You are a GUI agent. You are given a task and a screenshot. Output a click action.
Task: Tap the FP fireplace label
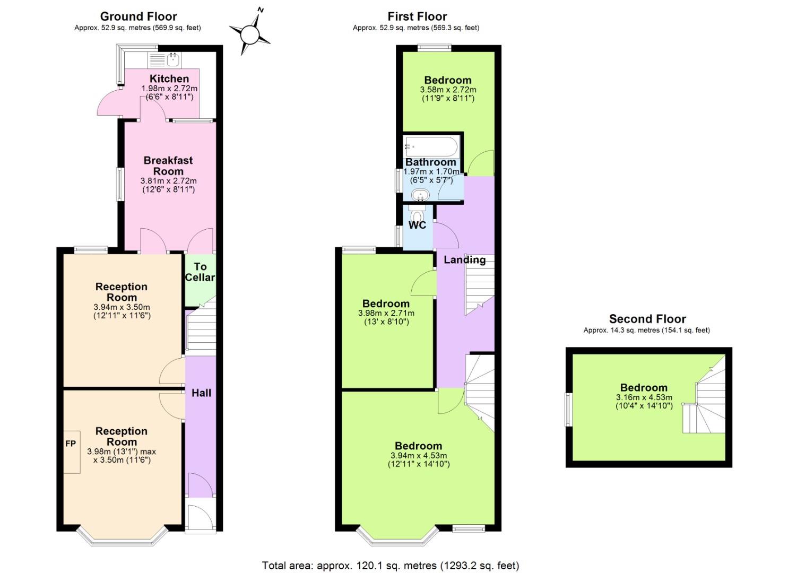[x=71, y=444]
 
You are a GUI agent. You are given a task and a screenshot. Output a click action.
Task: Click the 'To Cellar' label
[x=200, y=272]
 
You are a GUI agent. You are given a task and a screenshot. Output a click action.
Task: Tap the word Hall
[x=201, y=393]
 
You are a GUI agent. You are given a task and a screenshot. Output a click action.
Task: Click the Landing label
[x=464, y=260]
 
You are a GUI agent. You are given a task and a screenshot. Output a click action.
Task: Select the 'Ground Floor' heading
[x=138, y=16]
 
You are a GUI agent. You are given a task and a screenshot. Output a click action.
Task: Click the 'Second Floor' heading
[x=647, y=319]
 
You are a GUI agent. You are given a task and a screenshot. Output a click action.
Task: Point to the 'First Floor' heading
[x=417, y=16]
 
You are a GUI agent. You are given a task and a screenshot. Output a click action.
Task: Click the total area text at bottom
[x=391, y=566]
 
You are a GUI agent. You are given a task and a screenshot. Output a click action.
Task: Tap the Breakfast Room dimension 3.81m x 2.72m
[x=168, y=181]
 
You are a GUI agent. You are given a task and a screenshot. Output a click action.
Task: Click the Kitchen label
[x=169, y=79]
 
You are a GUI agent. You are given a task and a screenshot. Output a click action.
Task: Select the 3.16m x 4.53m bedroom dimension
[x=644, y=397]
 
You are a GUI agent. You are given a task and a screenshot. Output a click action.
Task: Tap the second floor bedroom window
[x=568, y=409]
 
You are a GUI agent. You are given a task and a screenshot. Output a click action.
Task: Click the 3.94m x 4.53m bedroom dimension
[x=418, y=456]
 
